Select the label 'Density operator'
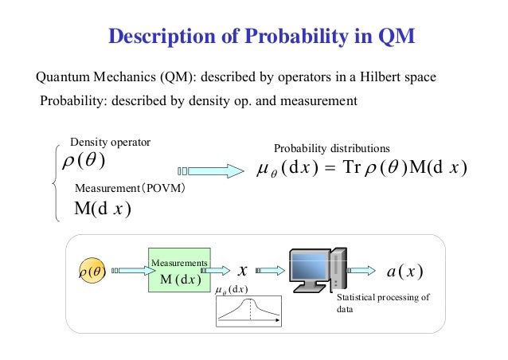click(x=111, y=142)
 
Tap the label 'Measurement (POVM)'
click(x=130, y=190)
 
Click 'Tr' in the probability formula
click(x=353, y=169)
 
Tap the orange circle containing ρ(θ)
click(x=93, y=271)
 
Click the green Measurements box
click(x=179, y=271)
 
